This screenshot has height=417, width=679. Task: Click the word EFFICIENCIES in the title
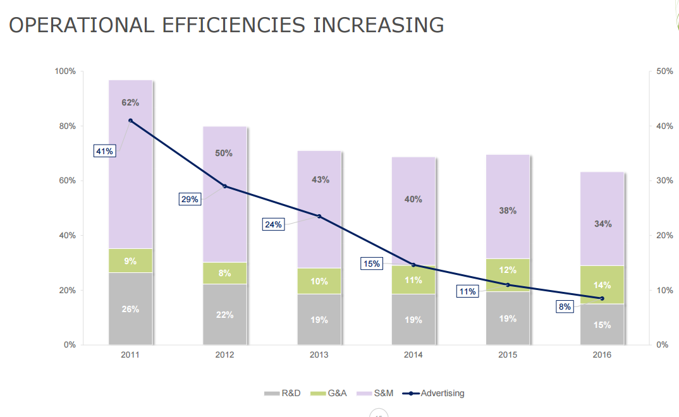(x=233, y=25)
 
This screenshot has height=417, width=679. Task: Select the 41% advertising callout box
(x=104, y=151)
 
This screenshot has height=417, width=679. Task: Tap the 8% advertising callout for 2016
(x=565, y=306)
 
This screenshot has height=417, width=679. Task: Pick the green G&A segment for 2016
(x=602, y=285)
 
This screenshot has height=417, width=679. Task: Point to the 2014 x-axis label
(x=413, y=355)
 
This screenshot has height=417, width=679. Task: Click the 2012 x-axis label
(x=224, y=355)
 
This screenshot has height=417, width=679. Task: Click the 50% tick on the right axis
(x=664, y=71)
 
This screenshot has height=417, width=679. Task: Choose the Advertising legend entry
(x=436, y=393)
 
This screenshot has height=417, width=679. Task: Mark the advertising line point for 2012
(x=224, y=186)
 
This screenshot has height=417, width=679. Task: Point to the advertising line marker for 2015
(x=508, y=285)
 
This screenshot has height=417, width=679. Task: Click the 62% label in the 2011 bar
(x=130, y=102)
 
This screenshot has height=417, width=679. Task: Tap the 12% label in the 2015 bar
(x=508, y=270)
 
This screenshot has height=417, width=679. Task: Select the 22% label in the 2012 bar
(x=224, y=315)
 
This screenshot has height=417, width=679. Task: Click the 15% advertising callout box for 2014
(x=371, y=263)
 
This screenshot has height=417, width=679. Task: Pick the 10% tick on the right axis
(x=664, y=291)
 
